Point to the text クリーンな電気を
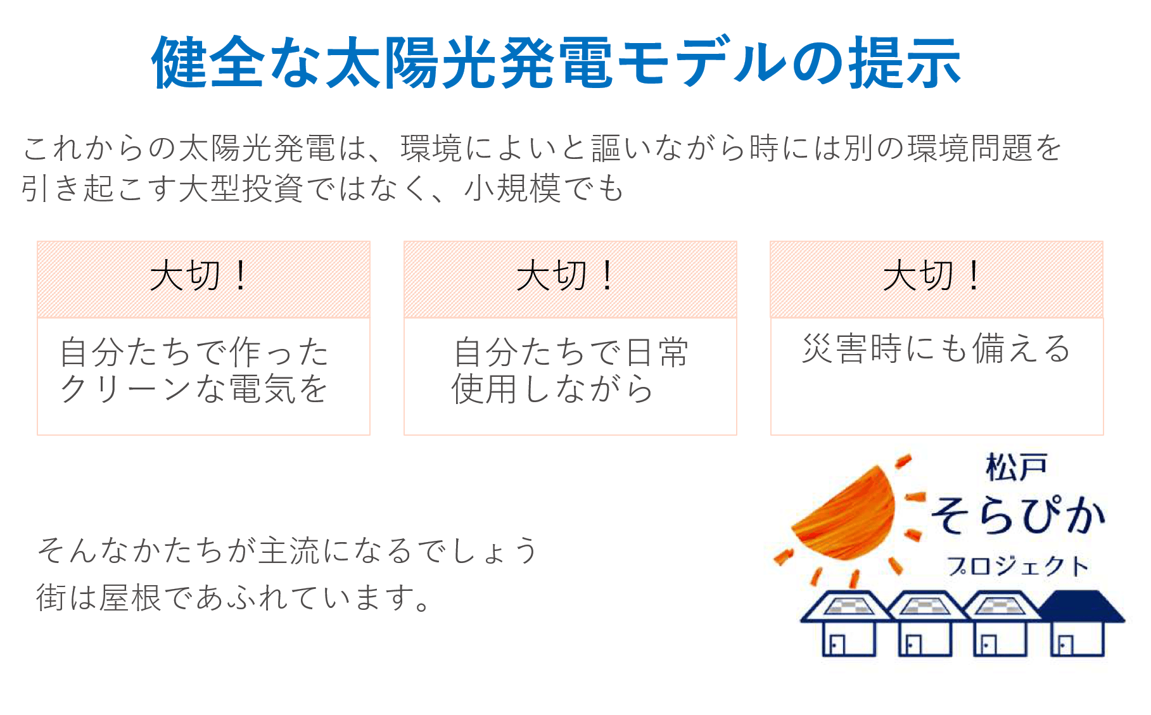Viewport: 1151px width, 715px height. tap(194, 389)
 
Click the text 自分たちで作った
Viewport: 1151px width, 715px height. tap(194, 352)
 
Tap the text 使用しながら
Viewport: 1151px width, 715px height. tap(552, 389)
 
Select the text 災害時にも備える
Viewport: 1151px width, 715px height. tap(936, 349)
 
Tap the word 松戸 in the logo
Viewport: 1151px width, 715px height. tap(1016, 467)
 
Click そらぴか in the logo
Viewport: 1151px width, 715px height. tap(1018, 516)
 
